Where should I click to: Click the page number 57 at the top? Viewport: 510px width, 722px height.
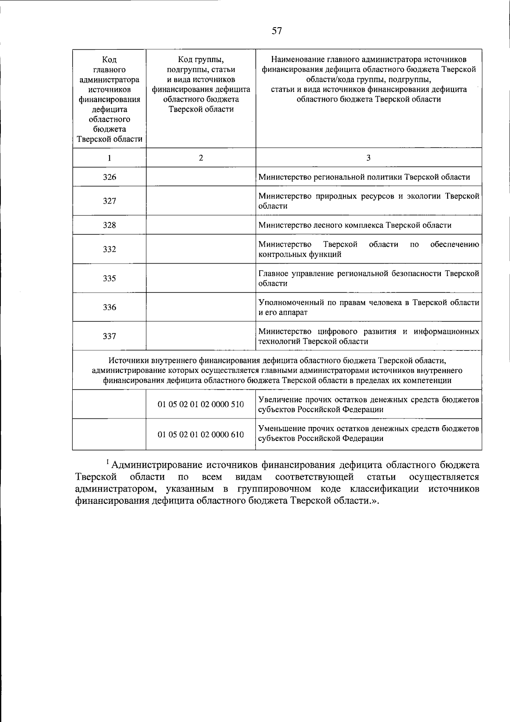tap(277, 31)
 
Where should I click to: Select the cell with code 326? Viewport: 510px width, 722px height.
tap(109, 177)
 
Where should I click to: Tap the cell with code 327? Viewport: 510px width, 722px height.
tap(109, 201)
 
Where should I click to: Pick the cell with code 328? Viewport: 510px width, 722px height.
tap(109, 225)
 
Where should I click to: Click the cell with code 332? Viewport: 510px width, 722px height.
tap(109, 250)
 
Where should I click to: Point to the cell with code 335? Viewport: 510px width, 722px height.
tap(109, 279)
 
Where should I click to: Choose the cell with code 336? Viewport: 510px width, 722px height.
tap(109, 307)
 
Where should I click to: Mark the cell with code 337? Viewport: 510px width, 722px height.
tap(109, 336)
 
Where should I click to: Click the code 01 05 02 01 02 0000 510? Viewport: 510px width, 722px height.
tap(201, 404)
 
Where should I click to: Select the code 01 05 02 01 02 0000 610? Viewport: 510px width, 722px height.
tap(201, 435)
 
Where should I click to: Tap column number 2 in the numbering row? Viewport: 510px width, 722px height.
tap(201, 158)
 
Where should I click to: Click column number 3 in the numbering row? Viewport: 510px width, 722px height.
tap(368, 158)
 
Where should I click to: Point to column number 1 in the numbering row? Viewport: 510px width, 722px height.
tap(109, 158)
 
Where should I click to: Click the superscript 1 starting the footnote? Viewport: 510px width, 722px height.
tap(108, 462)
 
